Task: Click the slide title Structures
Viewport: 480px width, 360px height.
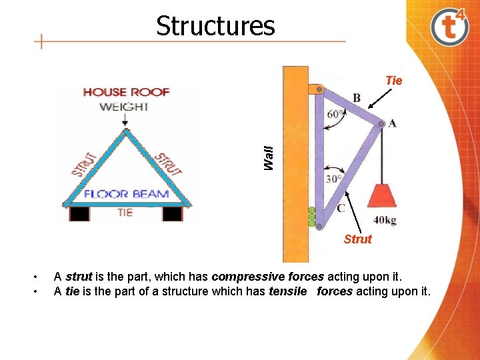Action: tap(215, 26)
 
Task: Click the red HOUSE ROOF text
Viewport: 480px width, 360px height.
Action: tap(126, 92)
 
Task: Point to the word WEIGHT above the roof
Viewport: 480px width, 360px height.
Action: tap(125, 107)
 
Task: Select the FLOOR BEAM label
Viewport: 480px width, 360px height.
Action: tap(126, 195)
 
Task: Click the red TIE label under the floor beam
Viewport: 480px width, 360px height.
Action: tap(125, 213)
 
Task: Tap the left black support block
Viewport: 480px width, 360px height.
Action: tap(80, 213)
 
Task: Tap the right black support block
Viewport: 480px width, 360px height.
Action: tap(172, 213)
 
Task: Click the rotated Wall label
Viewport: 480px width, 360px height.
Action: tap(268, 157)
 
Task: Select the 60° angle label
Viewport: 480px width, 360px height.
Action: tap(337, 114)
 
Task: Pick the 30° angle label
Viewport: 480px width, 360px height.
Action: tap(333, 179)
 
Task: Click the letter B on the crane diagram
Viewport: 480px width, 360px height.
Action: tap(357, 99)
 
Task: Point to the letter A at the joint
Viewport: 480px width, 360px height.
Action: tap(392, 123)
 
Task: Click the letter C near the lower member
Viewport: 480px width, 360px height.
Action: tap(341, 209)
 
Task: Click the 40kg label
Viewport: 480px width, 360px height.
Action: tap(386, 220)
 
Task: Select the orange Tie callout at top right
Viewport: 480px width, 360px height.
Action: tap(394, 81)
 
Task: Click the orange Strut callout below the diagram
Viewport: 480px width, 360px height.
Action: tap(358, 239)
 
